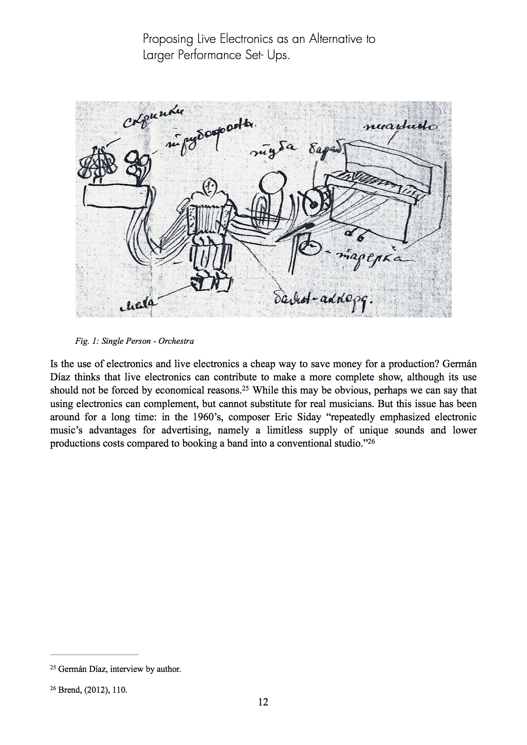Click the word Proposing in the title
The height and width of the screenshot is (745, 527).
pyautogui.click(x=168, y=39)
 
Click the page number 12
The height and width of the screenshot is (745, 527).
pyautogui.click(x=263, y=702)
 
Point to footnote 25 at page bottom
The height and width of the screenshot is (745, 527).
pyautogui.click(x=116, y=669)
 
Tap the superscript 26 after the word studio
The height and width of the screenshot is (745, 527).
pyautogui.click(x=371, y=442)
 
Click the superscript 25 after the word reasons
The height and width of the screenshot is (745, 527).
pyautogui.click(x=245, y=388)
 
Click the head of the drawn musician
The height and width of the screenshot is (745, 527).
pyautogui.click(x=210, y=186)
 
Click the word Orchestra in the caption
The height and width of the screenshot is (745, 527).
pyautogui.click(x=176, y=341)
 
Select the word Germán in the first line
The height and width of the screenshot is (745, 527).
pyautogui.click(x=459, y=364)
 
